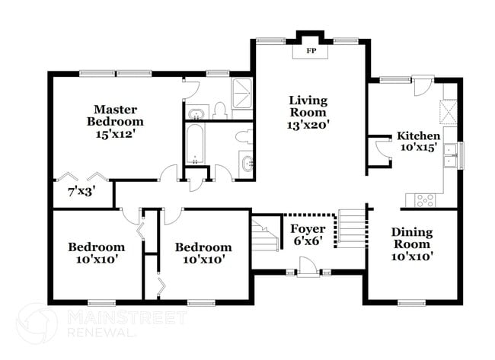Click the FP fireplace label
[311, 51]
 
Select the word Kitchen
[418, 136]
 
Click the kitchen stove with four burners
[425, 200]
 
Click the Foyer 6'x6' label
[308, 235]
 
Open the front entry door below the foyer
[308, 268]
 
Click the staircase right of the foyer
[351, 225]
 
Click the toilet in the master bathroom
[221, 111]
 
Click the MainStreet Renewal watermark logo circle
[36, 323]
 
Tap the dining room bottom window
[411, 302]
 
